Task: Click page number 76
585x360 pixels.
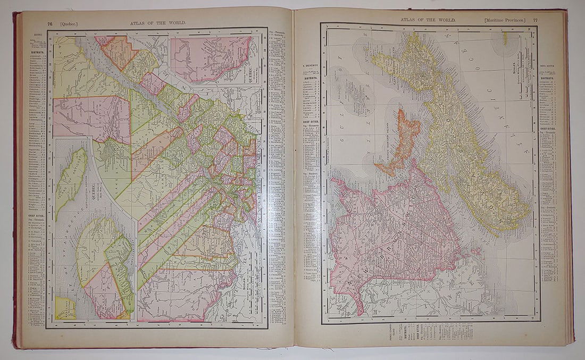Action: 49,23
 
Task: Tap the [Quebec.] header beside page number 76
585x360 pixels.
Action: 69,23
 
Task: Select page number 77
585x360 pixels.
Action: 535,20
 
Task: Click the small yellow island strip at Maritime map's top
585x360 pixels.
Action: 505,38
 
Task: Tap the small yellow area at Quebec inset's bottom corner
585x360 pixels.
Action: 65,307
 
